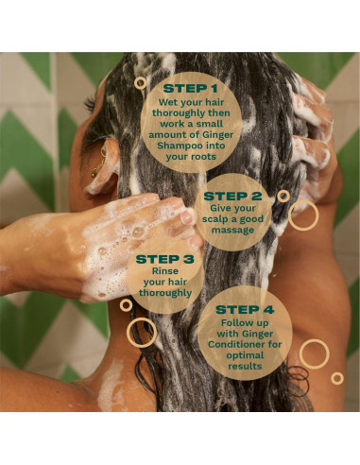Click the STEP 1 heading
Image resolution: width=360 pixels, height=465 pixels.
190,89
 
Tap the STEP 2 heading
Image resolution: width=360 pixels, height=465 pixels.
232,197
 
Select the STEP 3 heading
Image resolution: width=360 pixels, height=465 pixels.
165,259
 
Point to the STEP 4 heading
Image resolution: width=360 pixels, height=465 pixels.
245,310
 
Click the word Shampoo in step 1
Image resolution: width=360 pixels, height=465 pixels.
176,146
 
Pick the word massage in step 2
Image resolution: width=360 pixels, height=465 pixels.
232,231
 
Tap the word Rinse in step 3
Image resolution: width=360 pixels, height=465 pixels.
165,271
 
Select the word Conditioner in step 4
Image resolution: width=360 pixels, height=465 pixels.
233,344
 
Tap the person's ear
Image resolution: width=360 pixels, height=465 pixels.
102,167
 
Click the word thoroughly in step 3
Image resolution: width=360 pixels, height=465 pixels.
165,293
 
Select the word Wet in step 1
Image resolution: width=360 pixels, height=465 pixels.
165,102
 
